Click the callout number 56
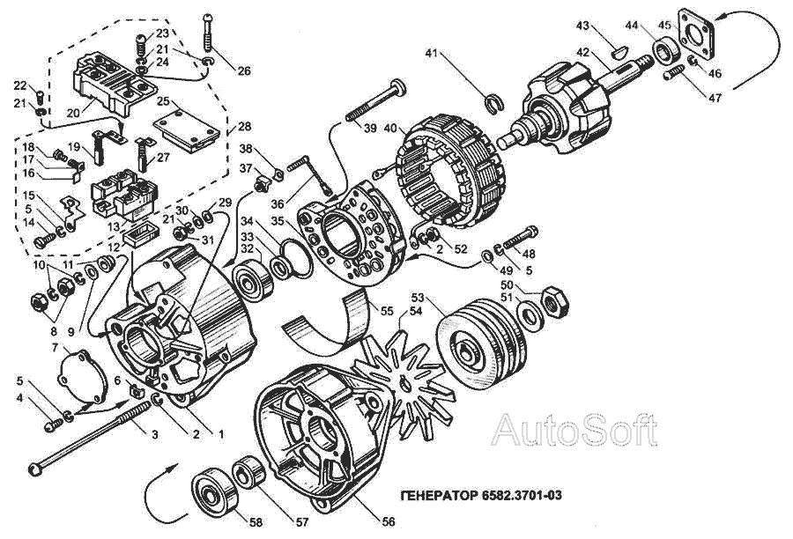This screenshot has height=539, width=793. tap(388, 521)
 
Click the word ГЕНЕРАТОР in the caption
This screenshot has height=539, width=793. tap(434, 496)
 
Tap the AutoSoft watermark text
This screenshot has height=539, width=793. tap(574, 430)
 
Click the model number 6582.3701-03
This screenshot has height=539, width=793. tap(521, 496)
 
